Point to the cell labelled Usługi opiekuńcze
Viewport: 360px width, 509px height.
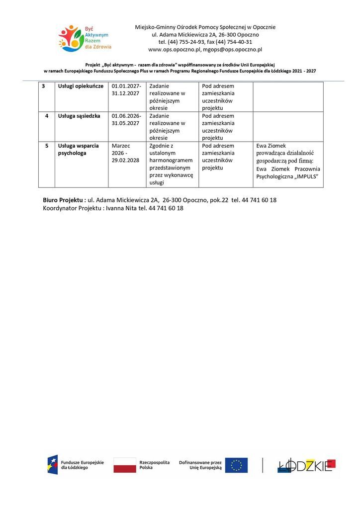click(81, 86)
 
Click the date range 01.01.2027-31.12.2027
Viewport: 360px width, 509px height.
click(126, 89)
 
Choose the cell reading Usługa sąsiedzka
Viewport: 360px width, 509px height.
click(79, 116)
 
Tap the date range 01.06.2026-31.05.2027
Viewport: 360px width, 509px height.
click(126, 119)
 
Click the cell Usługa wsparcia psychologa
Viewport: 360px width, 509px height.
click(78, 149)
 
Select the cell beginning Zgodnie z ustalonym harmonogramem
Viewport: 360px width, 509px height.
click(171, 164)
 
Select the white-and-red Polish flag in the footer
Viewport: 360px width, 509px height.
click(125, 465)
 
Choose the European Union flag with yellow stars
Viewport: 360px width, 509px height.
click(236, 465)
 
